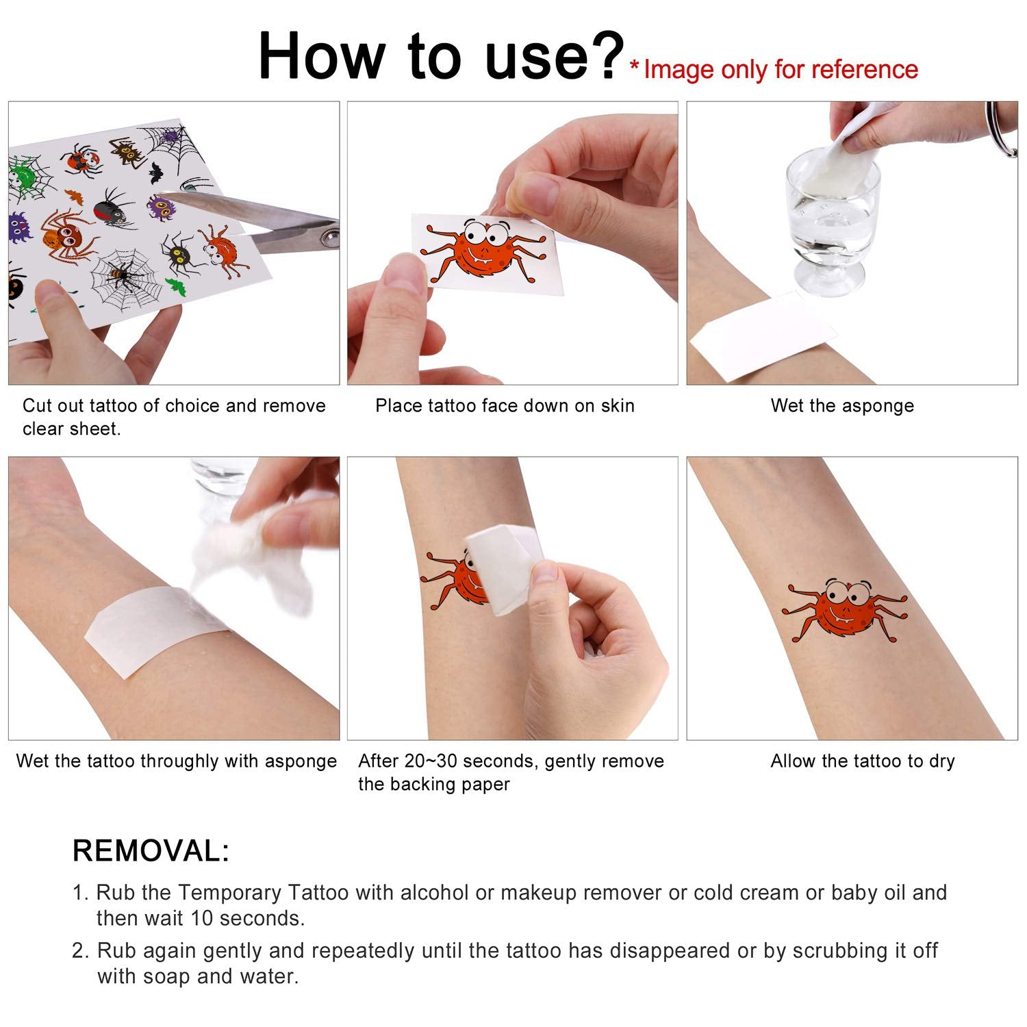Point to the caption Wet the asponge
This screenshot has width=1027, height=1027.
(842, 406)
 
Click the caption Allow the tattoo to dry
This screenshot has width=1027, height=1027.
(863, 761)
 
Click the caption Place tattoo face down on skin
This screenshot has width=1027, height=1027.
(505, 406)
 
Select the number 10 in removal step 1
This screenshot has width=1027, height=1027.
(202, 918)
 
